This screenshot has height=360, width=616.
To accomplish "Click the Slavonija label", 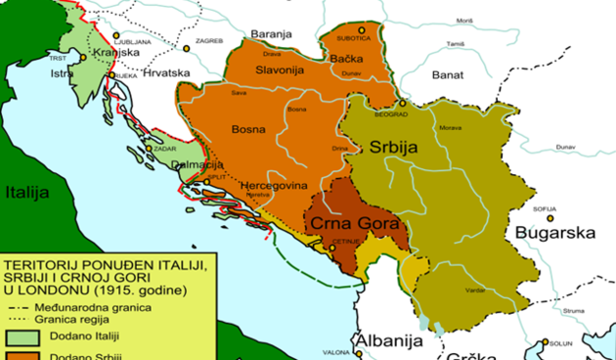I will tap(282, 70).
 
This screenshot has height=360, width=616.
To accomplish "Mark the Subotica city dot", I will tap(360, 31).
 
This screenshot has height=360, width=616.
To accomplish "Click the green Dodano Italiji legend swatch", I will tap(24, 336).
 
